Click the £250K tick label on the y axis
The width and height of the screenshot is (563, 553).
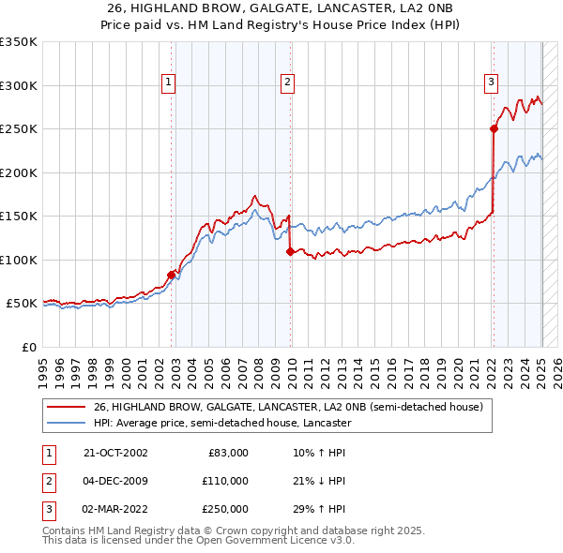(18, 128)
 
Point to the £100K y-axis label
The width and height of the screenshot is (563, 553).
(18, 260)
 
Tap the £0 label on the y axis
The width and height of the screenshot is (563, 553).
(28, 347)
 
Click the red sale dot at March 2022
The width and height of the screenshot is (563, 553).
(494, 128)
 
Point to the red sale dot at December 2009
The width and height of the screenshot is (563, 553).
(291, 250)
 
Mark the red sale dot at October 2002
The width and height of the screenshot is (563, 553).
(172, 274)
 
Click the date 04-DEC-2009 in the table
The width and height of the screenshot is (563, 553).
(115, 481)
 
